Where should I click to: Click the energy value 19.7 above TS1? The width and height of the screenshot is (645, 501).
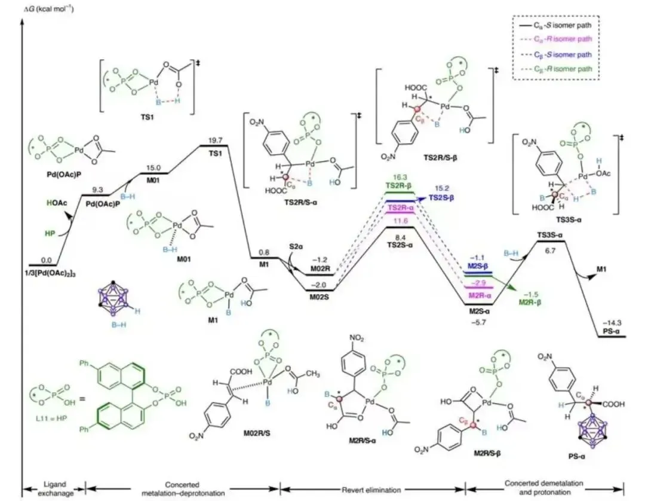(x=215, y=140)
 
